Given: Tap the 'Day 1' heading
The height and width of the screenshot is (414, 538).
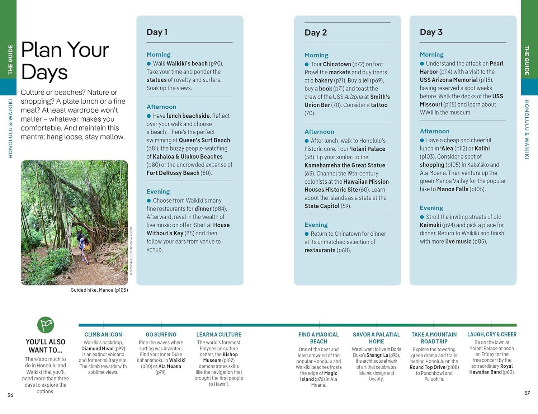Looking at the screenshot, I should pyautogui.click(x=157, y=32).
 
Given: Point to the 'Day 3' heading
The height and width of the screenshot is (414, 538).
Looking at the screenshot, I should pyautogui.click(x=431, y=32).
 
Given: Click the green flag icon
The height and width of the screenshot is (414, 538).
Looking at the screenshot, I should pyautogui.click(x=46, y=325).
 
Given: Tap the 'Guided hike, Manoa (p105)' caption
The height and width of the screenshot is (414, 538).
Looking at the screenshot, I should pyautogui.click(x=99, y=290).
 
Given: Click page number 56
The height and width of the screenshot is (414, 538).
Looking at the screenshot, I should pyautogui.click(x=10, y=395).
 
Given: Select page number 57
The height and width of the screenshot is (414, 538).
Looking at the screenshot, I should pyautogui.click(x=527, y=393).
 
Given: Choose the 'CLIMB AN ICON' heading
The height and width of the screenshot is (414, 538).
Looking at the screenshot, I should pyautogui.click(x=103, y=334).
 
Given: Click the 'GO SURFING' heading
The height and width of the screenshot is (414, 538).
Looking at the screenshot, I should pyautogui.click(x=161, y=334).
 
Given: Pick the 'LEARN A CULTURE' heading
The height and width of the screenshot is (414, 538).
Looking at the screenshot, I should pyautogui.click(x=219, y=334).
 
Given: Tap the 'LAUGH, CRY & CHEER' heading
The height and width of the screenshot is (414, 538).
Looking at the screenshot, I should pyautogui.click(x=492, y=334).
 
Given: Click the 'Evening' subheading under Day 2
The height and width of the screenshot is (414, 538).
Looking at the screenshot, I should pyautogui.click(x=316, y=225).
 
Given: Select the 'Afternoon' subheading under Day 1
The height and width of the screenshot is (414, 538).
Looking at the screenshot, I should pyautogui.click(x=161, y=107).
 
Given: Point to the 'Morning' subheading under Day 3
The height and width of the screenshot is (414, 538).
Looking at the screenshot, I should pyautogui.click(x=431, y=55).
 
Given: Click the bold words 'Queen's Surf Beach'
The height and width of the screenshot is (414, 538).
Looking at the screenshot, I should pyautogui.click(x=204, y=140).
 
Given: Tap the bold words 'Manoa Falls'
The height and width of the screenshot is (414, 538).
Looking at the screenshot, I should pyautogui.click(x=453, y=189).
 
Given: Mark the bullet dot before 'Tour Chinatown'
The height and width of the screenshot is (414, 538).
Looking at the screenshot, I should pyautogui.click(x=307, y=65).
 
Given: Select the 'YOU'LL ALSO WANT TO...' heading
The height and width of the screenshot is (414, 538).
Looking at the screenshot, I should pyautogui.click(x=46, y=346).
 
